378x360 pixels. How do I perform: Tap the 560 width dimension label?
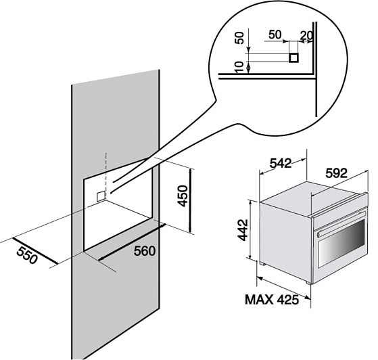tap(145, 251)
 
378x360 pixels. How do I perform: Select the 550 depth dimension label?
tap(27, 255)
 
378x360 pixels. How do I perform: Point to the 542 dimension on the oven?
tap(281, 163)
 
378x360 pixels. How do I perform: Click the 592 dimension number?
tap(336, 173)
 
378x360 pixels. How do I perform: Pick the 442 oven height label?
tap(243, 229)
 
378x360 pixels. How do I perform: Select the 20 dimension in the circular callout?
tap(306, 35)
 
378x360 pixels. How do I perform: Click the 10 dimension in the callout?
tap(239, 67)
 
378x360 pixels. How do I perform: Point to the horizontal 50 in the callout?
tap(275, 35)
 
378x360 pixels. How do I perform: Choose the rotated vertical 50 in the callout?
tap(239, 38)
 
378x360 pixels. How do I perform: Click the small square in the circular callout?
tap(294, 58)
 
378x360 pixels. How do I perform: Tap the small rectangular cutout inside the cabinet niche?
tap(101, 196)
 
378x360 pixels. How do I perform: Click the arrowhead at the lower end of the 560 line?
tap(101, 258)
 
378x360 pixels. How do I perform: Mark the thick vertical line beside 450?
tap(191, 200)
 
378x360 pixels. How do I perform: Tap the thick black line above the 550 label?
tap(35, 251)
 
